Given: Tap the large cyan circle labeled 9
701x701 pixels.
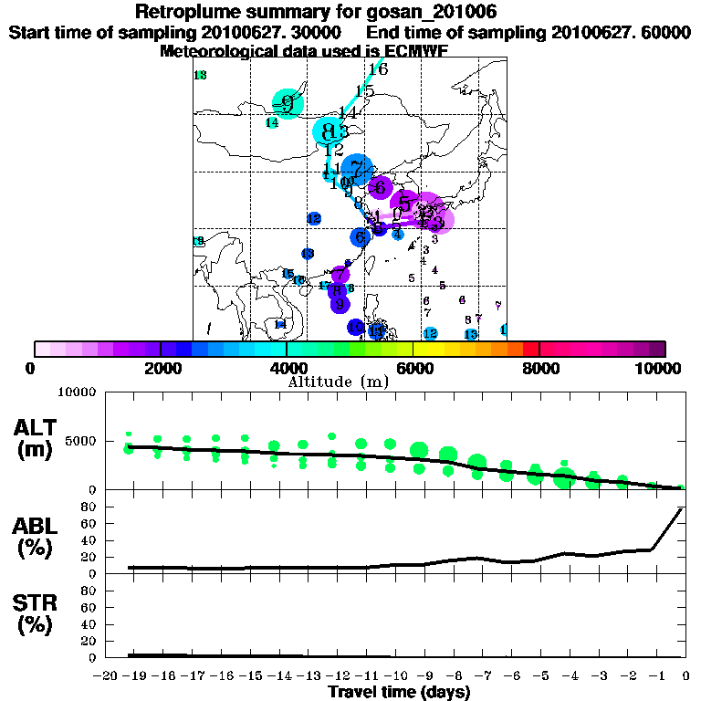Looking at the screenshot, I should coord(288,103).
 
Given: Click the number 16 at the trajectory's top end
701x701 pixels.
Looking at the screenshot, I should coord(377,69).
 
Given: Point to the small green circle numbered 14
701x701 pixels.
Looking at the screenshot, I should coord(272,122).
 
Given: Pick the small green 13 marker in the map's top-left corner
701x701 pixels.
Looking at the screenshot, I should coord(200,75).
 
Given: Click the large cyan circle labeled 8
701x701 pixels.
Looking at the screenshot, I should coord(329,131).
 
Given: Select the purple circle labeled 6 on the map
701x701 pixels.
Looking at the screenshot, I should coord(380,187).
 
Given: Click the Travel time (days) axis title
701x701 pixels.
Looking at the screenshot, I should coord(399,693).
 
